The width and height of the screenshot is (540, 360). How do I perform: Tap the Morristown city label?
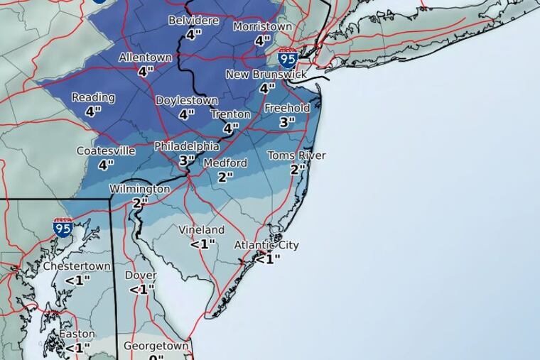point(263,27)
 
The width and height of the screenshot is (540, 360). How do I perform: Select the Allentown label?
point(146,57)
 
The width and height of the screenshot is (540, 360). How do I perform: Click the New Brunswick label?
point(266,75)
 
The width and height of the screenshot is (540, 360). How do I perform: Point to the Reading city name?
point(93,97)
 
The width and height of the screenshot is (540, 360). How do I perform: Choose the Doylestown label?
point(186,100)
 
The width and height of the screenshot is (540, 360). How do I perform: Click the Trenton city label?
point(230,114)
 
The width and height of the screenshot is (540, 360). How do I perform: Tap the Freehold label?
point(287,108)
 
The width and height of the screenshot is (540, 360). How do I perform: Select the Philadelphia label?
point(186,146)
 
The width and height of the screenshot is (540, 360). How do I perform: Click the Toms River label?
point(296,156)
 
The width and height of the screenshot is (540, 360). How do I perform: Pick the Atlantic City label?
point(266,245)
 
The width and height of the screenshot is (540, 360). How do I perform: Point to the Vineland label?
point(202,230)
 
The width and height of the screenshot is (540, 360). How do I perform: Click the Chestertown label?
point(77,266)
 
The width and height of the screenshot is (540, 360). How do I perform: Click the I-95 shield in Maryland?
point(63,227)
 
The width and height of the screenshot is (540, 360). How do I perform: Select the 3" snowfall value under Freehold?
point(286,122)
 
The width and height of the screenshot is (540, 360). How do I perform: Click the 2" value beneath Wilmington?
point(139,202)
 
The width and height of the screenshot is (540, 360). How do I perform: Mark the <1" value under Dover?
point(141,289)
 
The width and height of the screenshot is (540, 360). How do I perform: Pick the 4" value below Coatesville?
point(106,165)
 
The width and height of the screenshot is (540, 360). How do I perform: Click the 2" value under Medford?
point(225,177)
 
